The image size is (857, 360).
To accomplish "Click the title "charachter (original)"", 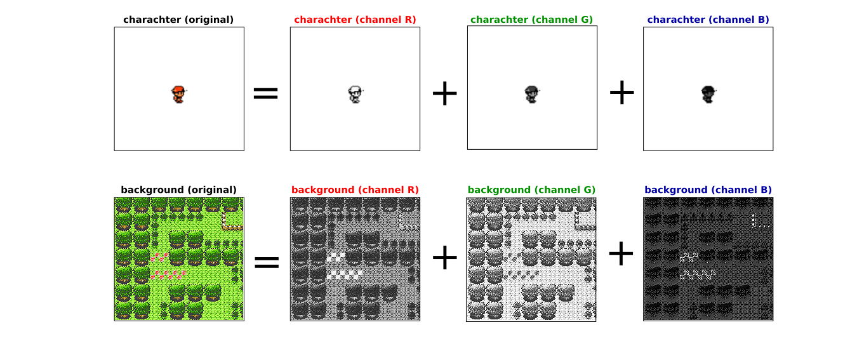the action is (x=178, y=20).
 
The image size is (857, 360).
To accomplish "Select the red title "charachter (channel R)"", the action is (x=355, y=20).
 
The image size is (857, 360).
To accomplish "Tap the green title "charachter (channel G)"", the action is (x=532, y=20).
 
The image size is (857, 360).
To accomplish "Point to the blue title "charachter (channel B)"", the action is (x=708, y=20).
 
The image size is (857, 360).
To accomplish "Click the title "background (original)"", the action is (x=178, y=190).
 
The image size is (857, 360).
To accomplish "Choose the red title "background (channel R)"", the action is (x=355, y=190).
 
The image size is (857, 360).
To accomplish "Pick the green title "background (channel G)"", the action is (x=532, y=190).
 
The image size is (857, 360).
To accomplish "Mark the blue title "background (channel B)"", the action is (x=708, y=190).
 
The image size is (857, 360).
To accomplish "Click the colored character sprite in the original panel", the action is (x=179, y=95).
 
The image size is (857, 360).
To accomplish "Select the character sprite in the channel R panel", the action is (x=355, y=95).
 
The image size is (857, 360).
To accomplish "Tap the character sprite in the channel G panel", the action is (x=532, y=95).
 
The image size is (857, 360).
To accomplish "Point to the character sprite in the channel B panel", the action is (x=708, y=95).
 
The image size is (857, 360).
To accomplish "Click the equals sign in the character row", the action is (x=266, y=94).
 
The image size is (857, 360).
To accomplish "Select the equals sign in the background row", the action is (x=266, y=262).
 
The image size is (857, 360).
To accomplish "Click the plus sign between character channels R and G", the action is (x=444, y=94).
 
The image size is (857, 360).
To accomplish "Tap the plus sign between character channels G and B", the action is (x=621, y=94).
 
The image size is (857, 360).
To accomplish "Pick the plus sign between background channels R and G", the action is (x=444, y=257).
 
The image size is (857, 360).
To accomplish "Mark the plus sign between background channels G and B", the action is (x=621, y=255).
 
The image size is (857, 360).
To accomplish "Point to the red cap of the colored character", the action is (x=178, y=90).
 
